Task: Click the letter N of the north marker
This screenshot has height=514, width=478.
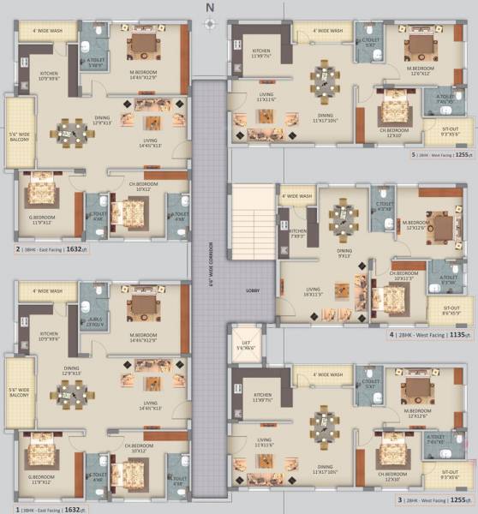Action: pos(207,9)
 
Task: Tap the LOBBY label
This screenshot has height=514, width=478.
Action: pos(252,290)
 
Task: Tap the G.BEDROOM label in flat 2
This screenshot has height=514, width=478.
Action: pos(42,220)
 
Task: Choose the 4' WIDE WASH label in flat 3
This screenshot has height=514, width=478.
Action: pos(326,374)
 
